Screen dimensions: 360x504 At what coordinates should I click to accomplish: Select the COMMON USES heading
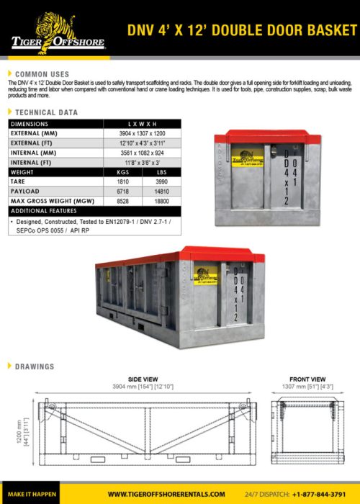[42, 74]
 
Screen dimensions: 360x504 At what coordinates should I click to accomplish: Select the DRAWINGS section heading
[35, 366]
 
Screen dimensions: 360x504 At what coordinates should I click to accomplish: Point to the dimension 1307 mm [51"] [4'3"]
[307, 386]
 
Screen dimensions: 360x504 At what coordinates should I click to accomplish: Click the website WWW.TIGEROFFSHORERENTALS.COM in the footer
[166, 495]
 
